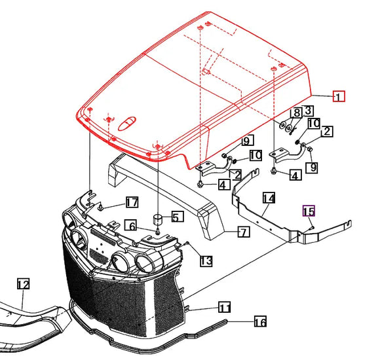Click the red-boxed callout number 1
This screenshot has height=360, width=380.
click(x=338, y=97)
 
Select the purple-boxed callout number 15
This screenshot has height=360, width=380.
click(x=308, y=211)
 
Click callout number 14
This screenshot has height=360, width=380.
click(x=269, y=198)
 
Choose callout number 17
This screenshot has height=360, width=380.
click(x=132, y=201)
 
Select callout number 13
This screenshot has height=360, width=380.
click(x=206, y=261)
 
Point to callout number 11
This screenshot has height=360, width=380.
click(x=224, y=307)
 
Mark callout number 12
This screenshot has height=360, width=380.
click(x=24, y=284)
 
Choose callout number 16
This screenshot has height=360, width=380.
click(x=259, y=321)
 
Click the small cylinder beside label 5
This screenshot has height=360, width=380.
click(x=157, y=217)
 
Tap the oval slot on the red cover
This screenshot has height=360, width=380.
click(x=130, y=122)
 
